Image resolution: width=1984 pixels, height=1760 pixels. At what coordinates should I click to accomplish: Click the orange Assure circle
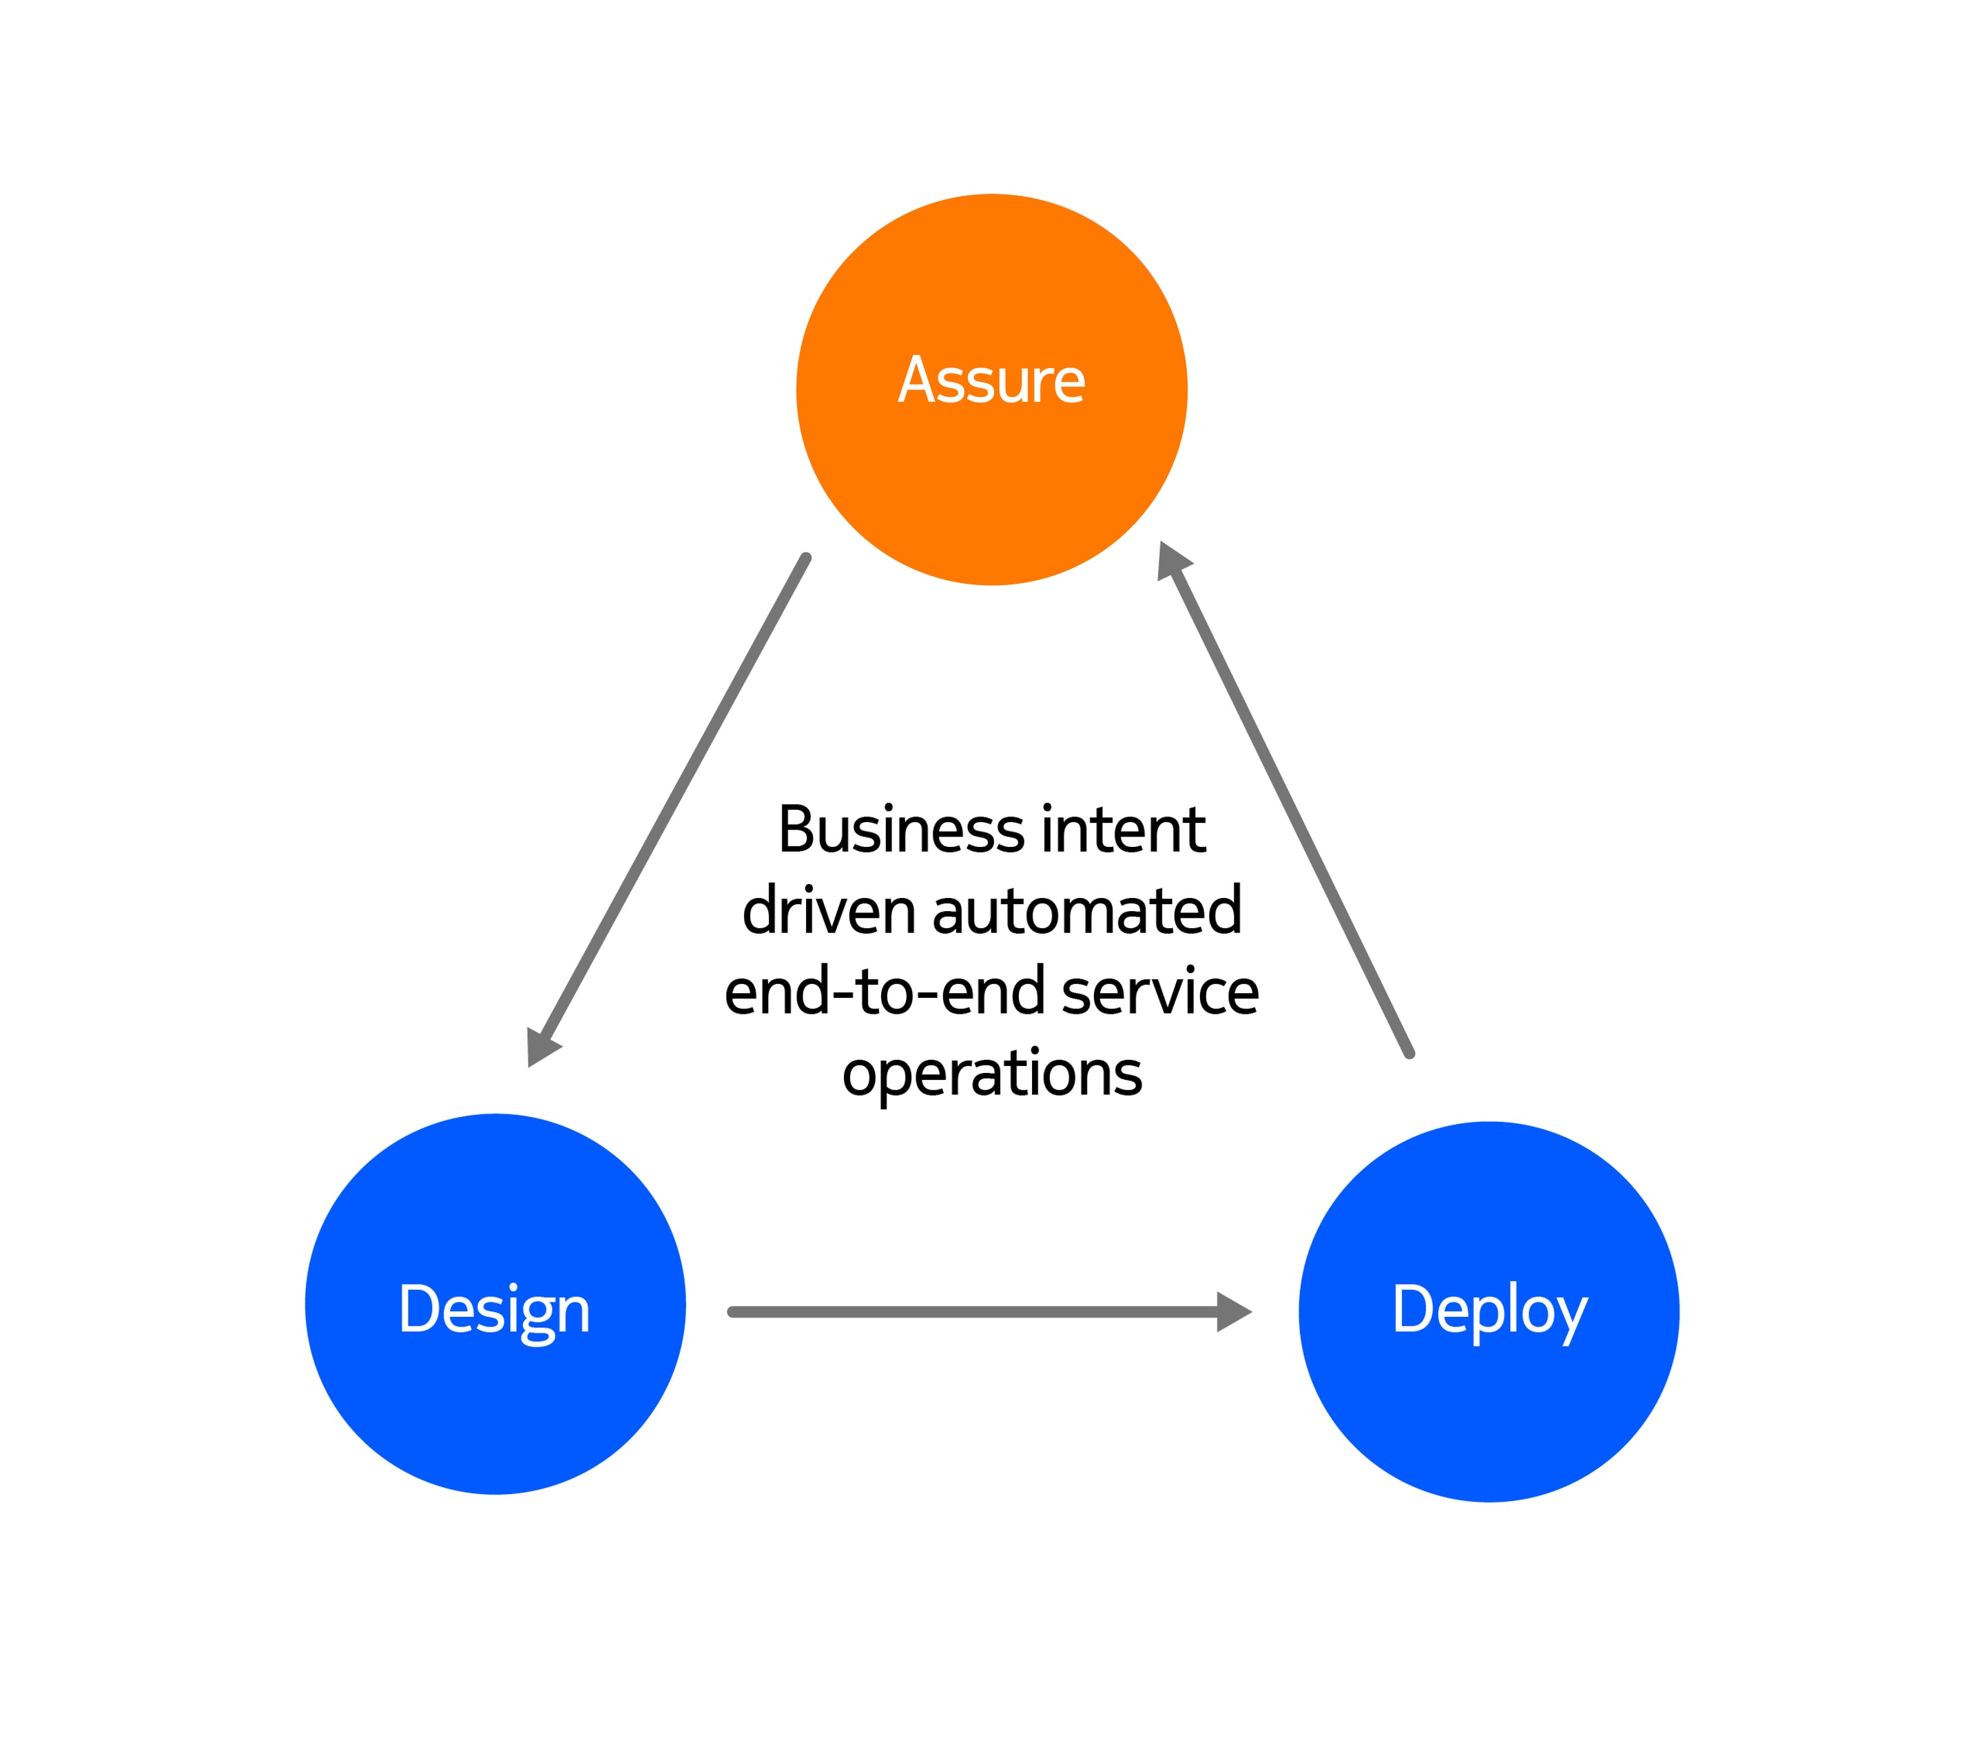click(x=991, y=389)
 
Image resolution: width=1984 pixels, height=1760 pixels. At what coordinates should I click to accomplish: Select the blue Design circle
click(x=495, y=1304)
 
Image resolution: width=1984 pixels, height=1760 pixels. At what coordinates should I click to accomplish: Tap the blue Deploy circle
click(x=1489, y=1311)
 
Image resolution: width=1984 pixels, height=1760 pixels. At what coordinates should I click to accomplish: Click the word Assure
click(x=991, y=380)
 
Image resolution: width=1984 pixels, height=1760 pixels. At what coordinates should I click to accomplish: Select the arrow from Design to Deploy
click(x=990, y=1311)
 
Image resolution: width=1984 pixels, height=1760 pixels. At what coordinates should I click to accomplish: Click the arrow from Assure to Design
click(x=668, y=810)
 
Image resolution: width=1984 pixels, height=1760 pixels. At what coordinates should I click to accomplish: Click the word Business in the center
click(x=902, y=831)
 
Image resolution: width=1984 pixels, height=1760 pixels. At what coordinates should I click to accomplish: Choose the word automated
click(x=1087, y=912)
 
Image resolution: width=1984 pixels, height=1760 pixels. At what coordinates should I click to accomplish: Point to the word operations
click(x=992, y=1076)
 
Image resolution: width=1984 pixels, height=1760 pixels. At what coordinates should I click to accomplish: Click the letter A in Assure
click(x=918, y=380)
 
